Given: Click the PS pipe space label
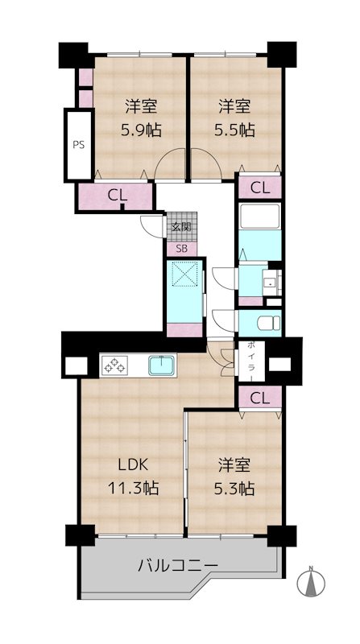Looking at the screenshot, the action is tap(78, 145).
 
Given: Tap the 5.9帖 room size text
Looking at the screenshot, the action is tap(141, 130).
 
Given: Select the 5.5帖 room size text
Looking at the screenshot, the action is tap(234, 130).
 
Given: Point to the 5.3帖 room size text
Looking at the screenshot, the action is tap(234, 489).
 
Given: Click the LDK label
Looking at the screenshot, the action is tap(133, 464).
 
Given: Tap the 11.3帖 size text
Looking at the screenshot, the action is tap(133, 489).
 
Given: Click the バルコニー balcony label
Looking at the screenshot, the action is tap(177, 567).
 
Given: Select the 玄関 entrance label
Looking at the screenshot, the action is tap(181, 226).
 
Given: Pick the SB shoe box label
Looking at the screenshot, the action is tap(181, 249).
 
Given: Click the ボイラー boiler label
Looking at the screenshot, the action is tap(251, 361).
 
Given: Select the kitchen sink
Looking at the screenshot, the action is tap(163, 365).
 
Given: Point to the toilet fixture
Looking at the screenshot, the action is tap(269, 323).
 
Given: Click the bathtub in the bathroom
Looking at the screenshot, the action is tap(260, 216).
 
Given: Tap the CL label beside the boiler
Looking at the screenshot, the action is tap(260, 398).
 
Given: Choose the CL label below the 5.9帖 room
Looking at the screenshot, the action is tap(118, 196).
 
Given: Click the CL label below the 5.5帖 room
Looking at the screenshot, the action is tap(260, 188).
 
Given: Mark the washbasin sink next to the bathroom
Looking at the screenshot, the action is tap(270, 283).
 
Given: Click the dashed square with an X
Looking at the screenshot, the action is tap(184, 273).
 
